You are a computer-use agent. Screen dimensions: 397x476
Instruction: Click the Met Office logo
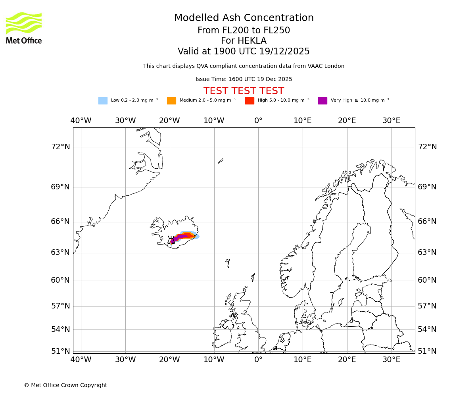click(x=24, y=28)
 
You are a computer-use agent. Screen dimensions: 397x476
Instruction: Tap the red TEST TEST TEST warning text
click(x=244, y=91)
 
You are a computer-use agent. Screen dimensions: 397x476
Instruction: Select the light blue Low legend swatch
click(x=103, y=101)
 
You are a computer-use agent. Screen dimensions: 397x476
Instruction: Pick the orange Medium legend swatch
click(x=171, y=101)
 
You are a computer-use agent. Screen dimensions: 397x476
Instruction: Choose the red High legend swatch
click(x=250, y=101)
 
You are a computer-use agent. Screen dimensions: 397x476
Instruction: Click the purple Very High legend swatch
click(x=322, y=101)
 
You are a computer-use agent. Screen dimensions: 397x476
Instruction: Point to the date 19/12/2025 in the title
click(x=284, y=52)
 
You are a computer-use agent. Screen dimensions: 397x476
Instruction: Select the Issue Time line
click(x=244, y=79)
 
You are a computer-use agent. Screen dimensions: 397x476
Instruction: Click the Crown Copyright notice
click(x=65, y=385)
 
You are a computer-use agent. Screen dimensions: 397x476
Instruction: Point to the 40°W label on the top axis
click(x=81, y=121)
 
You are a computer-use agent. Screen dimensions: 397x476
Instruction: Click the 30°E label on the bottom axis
click(x=391, y=360)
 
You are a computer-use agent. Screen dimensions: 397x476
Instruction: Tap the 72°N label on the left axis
click(x=60, y=147)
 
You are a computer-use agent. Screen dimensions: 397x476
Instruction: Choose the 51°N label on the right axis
click(x=427, y=351)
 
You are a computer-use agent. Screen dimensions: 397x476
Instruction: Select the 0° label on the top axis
click(x=258, y=121)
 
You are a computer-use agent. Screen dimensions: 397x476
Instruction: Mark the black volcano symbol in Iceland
click(x=171, y=240)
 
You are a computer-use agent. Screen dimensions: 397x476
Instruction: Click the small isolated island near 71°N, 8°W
click(x=221, y=161)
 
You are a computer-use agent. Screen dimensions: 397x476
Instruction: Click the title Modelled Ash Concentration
click(x=244, y=18)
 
